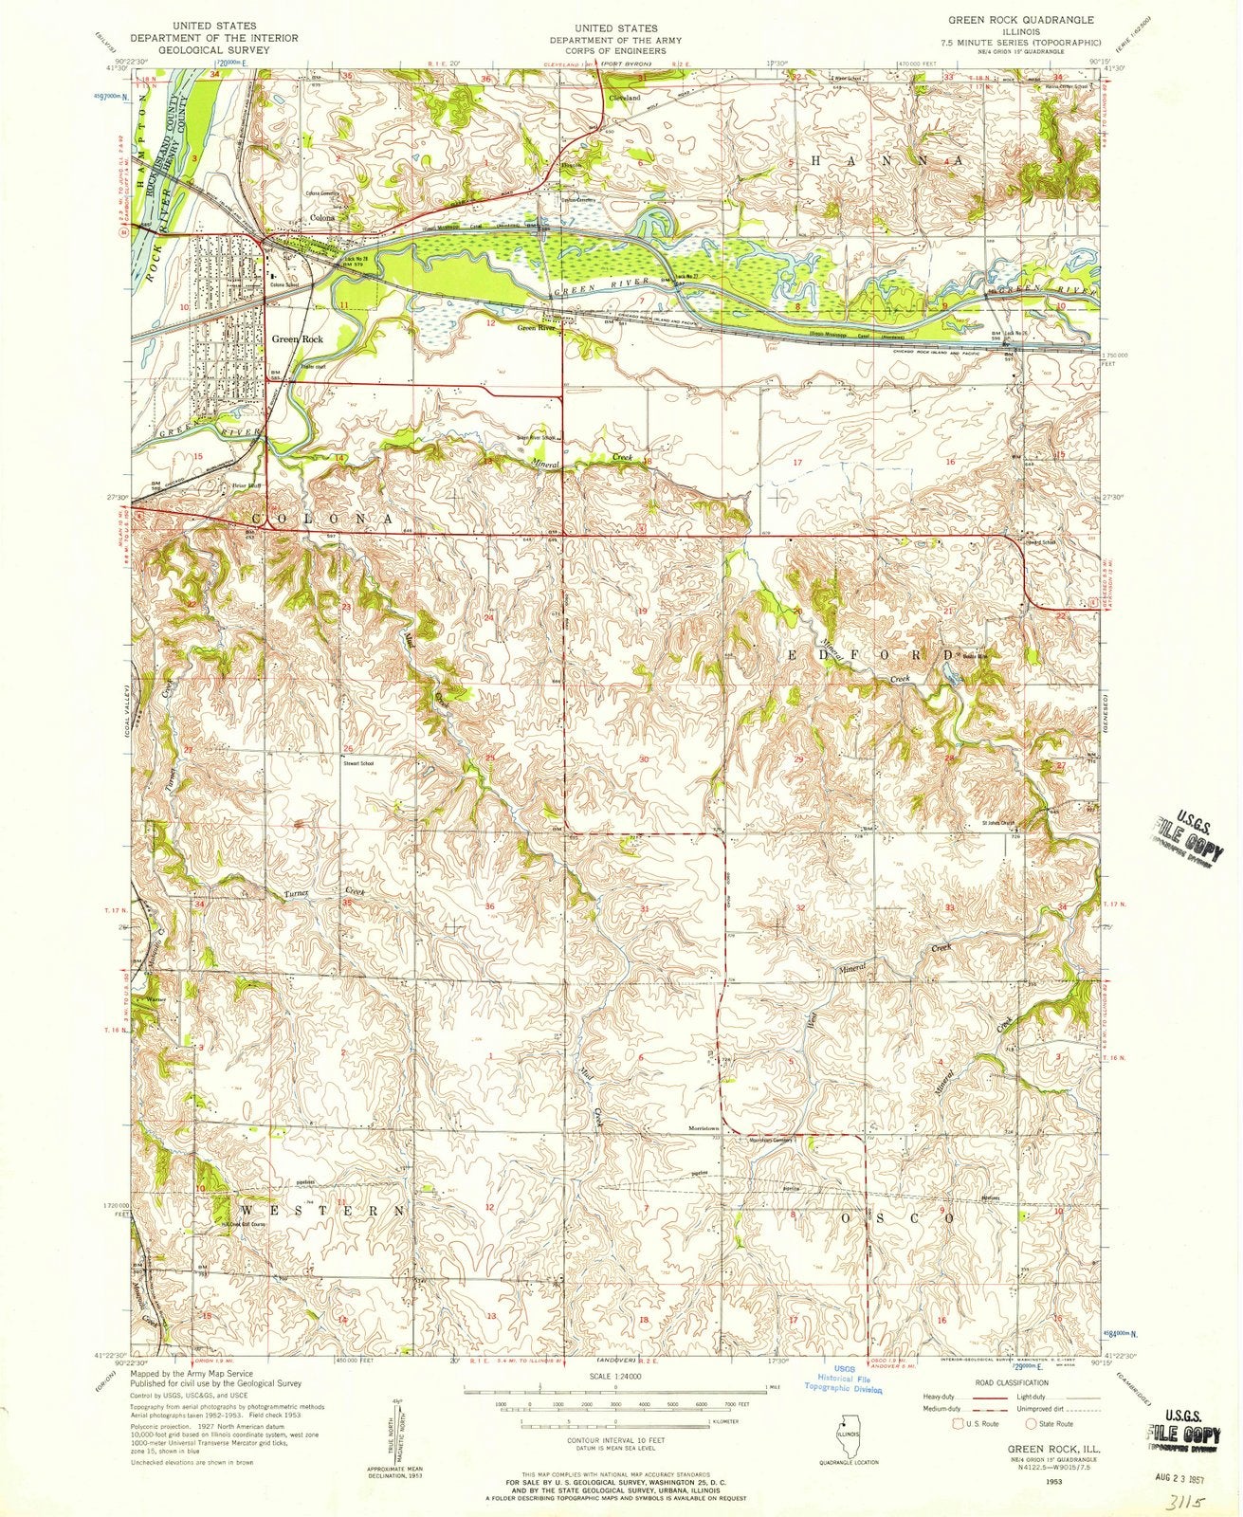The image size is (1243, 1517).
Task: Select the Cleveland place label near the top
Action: point(625,98)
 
